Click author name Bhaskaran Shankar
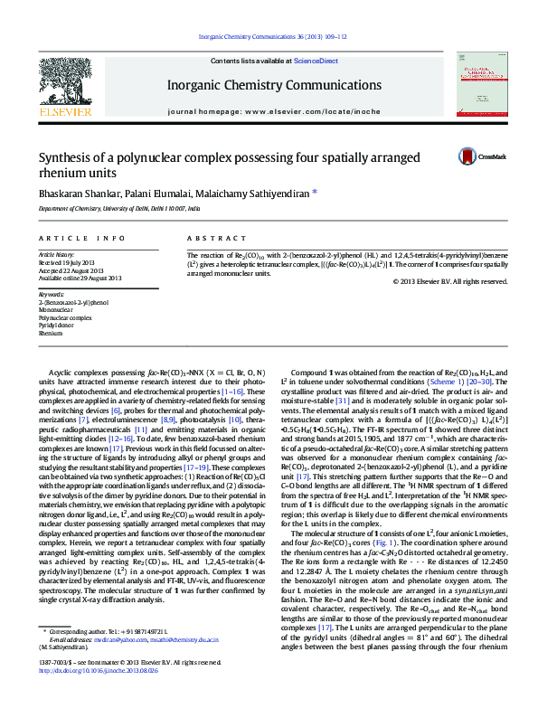[x=78, y=193]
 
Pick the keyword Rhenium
[x=51, y=334]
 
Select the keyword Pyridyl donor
[x=60, y=326]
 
